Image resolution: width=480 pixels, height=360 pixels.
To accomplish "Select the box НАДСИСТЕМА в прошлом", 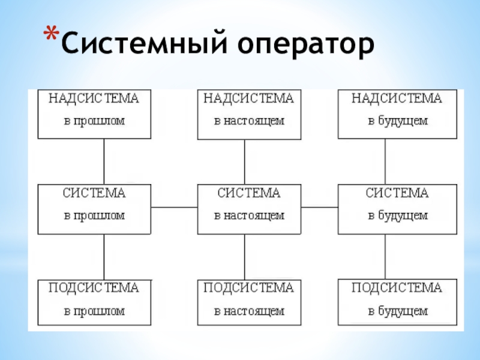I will pos(94,114).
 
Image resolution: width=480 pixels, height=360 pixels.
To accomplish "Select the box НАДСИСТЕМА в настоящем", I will pos(249,114).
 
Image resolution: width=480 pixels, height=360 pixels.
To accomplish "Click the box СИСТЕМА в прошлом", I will pos(94,209).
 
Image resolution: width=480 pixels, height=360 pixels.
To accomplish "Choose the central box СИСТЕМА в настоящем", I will pos(249,209).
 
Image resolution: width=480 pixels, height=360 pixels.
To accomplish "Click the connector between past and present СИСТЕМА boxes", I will pos(174,208).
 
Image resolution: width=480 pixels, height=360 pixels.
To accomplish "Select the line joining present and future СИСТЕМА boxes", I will pos(319,208).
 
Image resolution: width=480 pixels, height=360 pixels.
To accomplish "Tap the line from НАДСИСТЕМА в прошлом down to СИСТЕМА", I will pos(104,161).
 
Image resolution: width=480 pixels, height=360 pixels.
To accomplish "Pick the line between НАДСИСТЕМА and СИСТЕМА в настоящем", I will pos(244,161).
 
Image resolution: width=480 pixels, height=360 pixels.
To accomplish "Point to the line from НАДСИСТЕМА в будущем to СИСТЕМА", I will pos(385,161).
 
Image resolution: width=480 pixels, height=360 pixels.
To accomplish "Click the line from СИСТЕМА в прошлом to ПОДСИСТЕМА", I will pos(104,256).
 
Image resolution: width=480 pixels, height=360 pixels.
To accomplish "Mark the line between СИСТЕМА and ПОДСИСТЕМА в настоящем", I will pos(244,256).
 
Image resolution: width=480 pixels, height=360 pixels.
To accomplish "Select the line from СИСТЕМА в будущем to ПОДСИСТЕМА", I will pos(385,256).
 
